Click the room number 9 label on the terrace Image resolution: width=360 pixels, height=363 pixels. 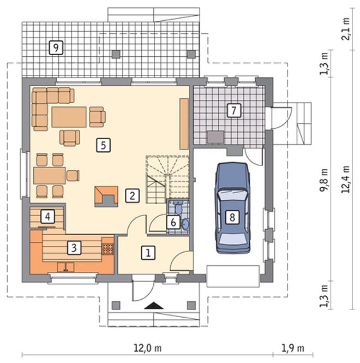coord(56,47)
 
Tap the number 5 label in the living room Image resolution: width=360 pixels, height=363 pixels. coord(104,145)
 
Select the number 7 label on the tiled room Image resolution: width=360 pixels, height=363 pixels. coord(234,110)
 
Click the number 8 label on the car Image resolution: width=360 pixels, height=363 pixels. coord(232,217)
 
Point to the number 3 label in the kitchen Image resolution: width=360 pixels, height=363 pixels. coord(74,248)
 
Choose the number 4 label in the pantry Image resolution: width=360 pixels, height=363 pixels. coord(47,217)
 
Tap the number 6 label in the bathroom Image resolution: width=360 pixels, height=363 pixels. coord(173,222)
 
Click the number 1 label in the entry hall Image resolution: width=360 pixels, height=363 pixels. coord(148,253)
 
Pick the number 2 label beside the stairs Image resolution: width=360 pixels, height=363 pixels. coord(133,196)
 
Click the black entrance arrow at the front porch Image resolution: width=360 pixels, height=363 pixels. coord(154,306)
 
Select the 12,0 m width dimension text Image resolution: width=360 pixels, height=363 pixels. coord(148,348)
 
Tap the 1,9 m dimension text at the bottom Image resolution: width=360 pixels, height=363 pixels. coord(292,348)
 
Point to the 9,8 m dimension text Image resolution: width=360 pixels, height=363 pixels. coord(323,180)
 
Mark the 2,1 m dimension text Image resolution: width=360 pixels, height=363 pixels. coord(346,28)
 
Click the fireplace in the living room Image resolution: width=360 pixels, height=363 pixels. coord(106,197)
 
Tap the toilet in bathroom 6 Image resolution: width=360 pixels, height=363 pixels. coord(178,207)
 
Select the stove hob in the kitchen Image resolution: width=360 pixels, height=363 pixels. coord(107,249)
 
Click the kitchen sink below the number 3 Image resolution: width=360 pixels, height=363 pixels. coord(65,267)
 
